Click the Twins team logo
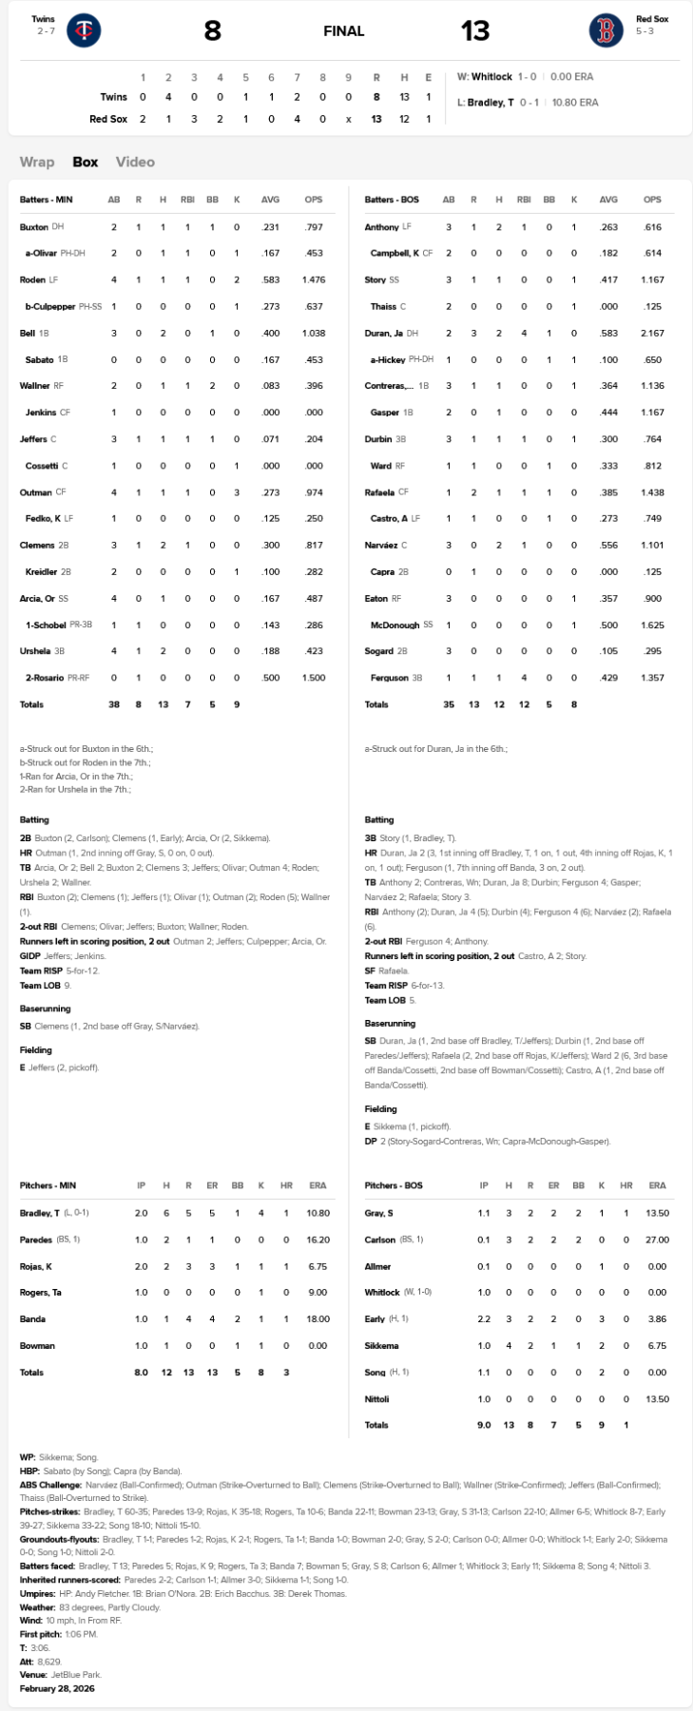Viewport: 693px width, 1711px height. [x=84, y=30]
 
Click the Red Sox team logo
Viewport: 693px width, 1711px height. [x=606, y=30]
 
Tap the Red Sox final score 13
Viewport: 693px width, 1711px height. [x=474, y=31]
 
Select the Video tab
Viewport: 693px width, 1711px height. [x=135, y=162]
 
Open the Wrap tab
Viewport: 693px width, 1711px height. [x=37, y=162]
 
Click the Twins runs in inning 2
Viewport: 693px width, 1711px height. [x=168, y=97]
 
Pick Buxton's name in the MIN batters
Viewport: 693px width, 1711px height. [x=33, y=227]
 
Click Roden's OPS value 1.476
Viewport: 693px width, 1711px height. [x=314, y=280]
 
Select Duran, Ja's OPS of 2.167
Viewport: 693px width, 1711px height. [x=652, y=334]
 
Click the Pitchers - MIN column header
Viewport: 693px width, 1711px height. [x=48, y=1185]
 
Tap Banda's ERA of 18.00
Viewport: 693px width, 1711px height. [x=318, y=1319]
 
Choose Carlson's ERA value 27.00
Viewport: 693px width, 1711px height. [x=657, y=1240]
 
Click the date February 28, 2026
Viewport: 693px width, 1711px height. [x=57, y=1689]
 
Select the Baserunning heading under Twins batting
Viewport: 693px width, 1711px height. [x=45, y=1009]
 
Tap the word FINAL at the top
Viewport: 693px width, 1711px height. [x=343, y=31]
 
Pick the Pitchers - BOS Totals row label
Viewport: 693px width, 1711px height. [x=376, y=1425]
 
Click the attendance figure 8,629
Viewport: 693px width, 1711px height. [x=48, y=1662]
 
